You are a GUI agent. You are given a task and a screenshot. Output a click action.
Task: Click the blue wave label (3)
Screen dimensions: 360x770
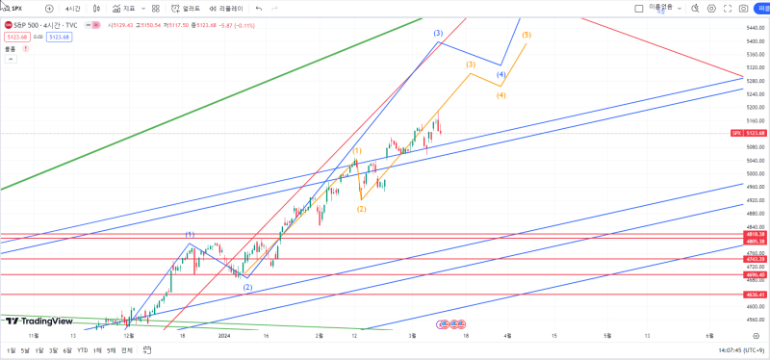[x=438, y=34]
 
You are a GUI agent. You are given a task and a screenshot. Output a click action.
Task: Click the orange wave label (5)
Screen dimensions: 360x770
[x=526, y=35]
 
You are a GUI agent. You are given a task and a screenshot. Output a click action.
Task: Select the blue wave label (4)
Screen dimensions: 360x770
[x=501, y=74]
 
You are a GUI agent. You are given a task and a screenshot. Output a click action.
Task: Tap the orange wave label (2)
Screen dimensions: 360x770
[x=362, y=208]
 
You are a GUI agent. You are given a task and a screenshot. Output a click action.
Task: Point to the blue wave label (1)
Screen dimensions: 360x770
[x=191, y=235]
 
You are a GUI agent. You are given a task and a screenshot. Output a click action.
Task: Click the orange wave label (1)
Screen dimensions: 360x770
[x=357, y=151]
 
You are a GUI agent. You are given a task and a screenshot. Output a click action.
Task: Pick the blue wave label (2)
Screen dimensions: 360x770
[x=247, y=287]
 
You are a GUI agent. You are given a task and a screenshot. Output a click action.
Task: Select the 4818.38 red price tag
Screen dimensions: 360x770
[x=755, y=234]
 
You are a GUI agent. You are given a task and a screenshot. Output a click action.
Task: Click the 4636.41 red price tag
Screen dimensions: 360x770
[x=755, y=295]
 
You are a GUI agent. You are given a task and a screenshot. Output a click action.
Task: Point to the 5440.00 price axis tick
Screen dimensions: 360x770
[x=755, y=27]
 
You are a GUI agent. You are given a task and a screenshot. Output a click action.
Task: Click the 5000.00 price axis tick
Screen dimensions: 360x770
[x=755, y=173]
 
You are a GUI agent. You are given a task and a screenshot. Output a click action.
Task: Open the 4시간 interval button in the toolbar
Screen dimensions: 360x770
[x=73, y=8]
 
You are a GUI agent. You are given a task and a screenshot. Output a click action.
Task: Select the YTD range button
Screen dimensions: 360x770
[x=83, y=350]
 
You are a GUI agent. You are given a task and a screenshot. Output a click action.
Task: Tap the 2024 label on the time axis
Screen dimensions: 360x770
[x=224, y=336]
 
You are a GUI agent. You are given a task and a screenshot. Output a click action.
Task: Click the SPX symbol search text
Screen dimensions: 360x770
[x=17, y=8]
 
